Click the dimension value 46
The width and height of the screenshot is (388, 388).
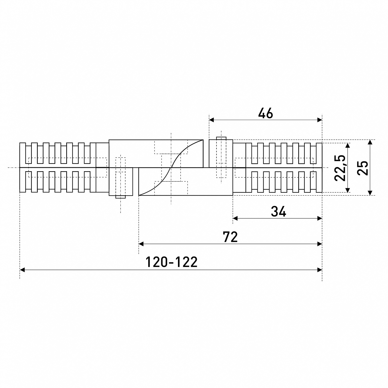click(265, 113)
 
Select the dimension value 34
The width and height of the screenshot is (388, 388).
click(278, 212)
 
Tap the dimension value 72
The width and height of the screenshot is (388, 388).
click(230, 237)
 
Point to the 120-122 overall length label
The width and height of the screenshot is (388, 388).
click(171, 262)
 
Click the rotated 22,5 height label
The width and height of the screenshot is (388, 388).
click(340, 168)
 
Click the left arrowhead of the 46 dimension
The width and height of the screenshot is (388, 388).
click(212, 120)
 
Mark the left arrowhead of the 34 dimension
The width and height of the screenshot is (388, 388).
click(235, 218)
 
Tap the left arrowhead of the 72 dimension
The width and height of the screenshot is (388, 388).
click(141, 244)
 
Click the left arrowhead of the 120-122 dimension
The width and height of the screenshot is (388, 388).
click(22, 270)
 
